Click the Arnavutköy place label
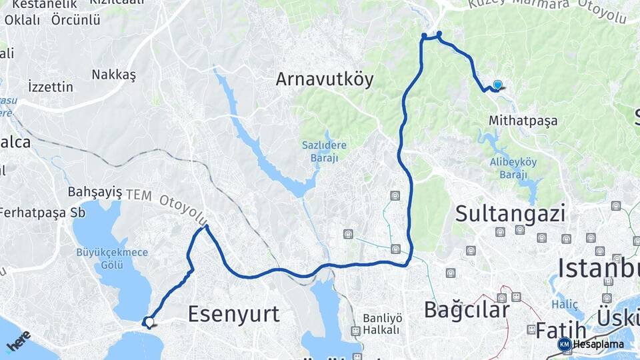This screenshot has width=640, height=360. (325, 79)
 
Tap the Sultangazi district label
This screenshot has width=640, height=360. (511, 213)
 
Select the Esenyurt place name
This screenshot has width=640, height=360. (233, 313)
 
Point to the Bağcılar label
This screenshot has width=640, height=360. (467, 309)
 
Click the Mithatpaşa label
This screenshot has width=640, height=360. (523, 121)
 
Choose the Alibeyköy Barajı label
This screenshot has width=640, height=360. (513, 169)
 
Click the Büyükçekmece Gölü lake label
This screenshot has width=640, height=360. (103, 259)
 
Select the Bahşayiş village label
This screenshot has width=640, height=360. (95, 192)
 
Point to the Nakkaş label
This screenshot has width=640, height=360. (114, 75)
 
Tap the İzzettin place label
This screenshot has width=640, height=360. (51, 87)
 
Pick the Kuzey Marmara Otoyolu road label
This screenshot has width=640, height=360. (547, 8)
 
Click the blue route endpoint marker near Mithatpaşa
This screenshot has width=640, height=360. (497, 85)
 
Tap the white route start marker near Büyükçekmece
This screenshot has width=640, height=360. (149, 322)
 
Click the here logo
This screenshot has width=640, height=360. (18, 341)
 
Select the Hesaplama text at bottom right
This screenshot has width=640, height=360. (598, 344)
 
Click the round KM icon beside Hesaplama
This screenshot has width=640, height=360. (564, 344)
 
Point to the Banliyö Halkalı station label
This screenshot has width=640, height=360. (381, 324)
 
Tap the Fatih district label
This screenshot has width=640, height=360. (552, 330)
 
